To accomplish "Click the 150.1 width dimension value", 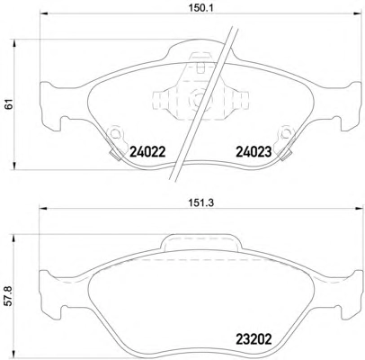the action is (200, 8).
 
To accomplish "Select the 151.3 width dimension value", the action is (200, 203).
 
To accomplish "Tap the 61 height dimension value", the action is (10, 104).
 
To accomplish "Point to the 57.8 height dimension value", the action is (10, 296).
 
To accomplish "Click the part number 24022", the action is (147, 152).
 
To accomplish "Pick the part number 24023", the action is (254, 152).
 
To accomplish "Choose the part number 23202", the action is (254, 339).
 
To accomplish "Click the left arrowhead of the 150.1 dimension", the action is (44, 13).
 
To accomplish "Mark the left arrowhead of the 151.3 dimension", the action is (44, 208).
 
